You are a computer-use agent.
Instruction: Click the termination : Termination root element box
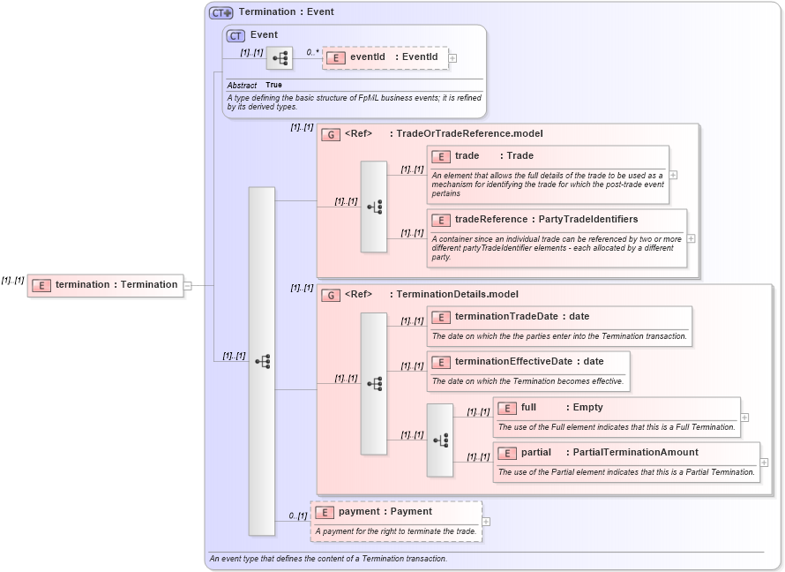click(x=106, y=284)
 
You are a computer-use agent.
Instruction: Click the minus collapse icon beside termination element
click(x=187, y=285)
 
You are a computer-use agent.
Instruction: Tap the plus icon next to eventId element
click(x=452, y=58)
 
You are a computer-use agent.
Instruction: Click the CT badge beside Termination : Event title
click(x=221, y=12)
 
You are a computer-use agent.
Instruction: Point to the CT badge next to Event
click(x=235, y=35)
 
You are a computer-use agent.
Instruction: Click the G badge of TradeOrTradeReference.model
click(x=331, y=134)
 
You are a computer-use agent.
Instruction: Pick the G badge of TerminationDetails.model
click(x=331, y=295)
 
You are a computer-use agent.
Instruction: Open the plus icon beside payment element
click(x=486, y=522)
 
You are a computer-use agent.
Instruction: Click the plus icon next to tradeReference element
click(x=691, y=238)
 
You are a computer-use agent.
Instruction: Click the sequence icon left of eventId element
click(x=280, y=58)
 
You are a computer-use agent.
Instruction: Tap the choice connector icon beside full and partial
click(x=439, y=440)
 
